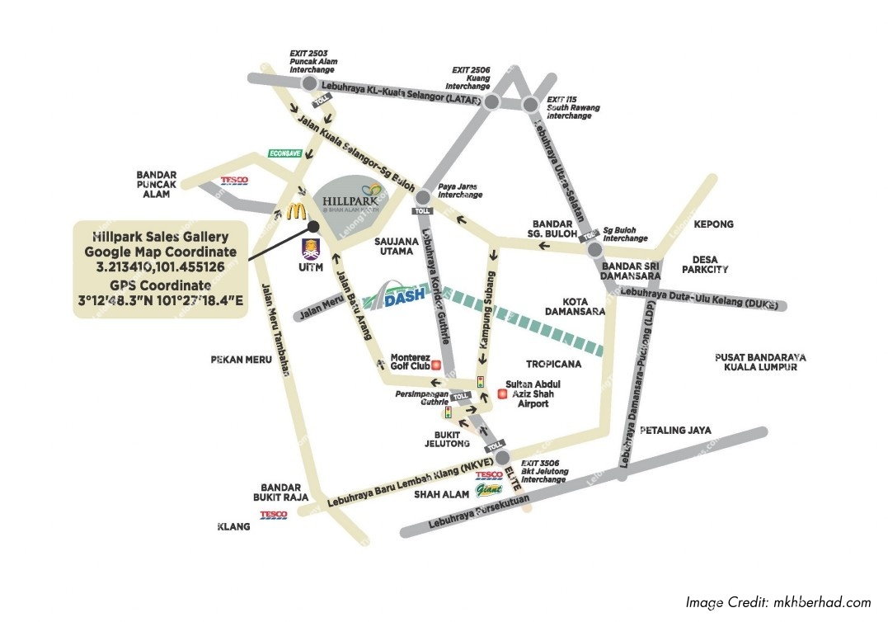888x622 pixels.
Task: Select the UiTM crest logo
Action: click(x=312, y=248)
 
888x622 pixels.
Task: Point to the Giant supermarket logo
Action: click(x=488, y=491)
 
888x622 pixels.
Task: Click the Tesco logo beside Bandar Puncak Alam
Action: click(x=234, y=181)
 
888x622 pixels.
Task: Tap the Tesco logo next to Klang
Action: click(x=274, y=515)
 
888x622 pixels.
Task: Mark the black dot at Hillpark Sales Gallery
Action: click(x=313, y=224)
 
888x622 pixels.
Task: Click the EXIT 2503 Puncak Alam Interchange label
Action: click(x=313, y=61)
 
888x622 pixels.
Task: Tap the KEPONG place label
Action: click(x=713, y=224)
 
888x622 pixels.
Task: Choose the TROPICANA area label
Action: click(x=554, y=364)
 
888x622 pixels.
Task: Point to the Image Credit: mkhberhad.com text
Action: click(x=778, y=602)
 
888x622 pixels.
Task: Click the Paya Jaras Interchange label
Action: click(x=459, y=191)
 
